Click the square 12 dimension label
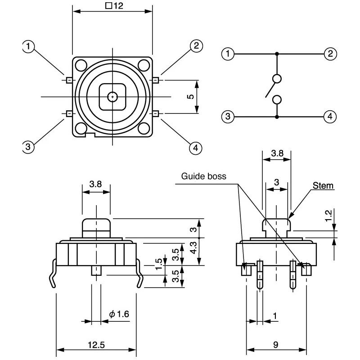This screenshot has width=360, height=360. tap(114, 5)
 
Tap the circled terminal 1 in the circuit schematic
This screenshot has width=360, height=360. tap(228, 54)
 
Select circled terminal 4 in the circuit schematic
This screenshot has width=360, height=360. tap(330, 117)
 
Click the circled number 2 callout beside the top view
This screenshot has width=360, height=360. tap(196, 46)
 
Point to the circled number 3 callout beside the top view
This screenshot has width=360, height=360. tap(28, 147)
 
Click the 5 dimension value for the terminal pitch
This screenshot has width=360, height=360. tap(190, 96)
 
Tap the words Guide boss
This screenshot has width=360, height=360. tap(204, 176)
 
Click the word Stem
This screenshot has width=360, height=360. tap(323, 185)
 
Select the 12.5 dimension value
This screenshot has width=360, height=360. tap(96, 345)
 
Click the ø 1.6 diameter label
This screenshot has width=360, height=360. tap(119, 314)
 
